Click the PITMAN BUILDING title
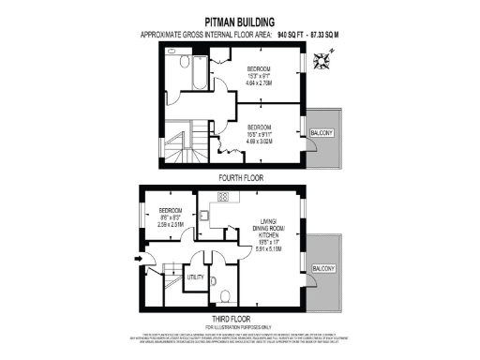tap(241, 18)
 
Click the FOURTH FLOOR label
tap(240, 176)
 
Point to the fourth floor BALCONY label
tap(322, 133)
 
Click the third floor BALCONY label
tap(322, 269)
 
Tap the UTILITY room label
tap(196, 277)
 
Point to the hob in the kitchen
tap(224, 196)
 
